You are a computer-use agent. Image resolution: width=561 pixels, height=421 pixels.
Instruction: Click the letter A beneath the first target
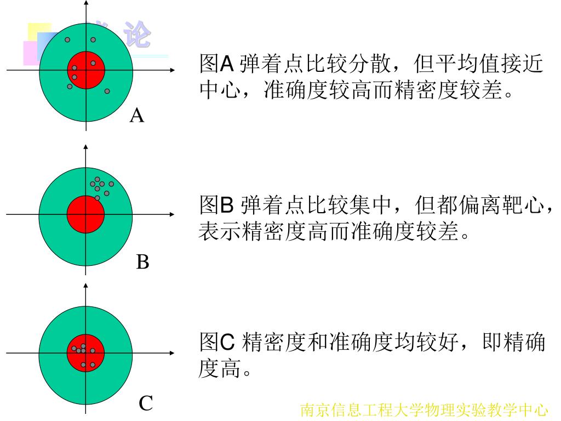point(137,116)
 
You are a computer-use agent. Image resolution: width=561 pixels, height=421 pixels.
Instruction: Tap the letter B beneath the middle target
point(142,262)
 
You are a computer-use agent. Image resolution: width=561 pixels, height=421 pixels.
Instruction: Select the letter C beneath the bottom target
point(145,404)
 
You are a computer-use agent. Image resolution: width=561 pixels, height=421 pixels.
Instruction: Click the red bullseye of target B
point(85,214)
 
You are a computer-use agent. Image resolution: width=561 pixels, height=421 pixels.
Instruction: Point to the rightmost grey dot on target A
point(107,91)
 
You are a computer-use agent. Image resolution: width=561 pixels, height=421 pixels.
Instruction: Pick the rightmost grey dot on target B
point(111,184)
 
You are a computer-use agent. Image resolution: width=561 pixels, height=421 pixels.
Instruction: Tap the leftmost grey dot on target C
point(74,348)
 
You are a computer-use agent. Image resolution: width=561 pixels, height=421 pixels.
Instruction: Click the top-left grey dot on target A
point(67,40)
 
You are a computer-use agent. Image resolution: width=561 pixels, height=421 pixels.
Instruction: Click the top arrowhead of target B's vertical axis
point(85,147)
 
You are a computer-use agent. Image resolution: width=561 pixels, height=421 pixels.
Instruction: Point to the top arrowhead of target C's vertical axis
point(85,286)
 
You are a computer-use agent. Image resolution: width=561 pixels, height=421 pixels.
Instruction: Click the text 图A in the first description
point(216,65)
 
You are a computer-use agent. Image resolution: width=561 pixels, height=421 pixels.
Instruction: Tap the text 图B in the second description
point(216,207)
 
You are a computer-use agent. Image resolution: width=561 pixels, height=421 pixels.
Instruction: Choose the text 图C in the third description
point(217,343)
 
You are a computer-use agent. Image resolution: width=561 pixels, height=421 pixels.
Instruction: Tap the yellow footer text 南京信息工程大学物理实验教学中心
point(424,410)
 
